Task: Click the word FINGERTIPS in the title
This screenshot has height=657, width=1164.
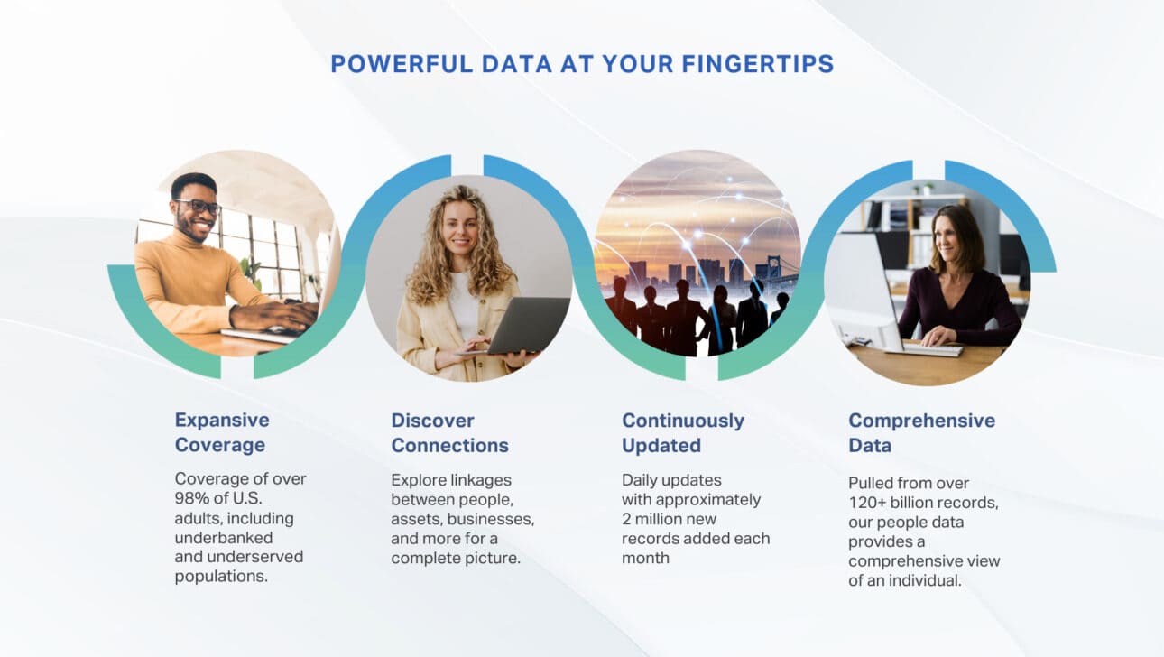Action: pos(758,64)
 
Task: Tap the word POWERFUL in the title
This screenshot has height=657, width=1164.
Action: pos(402,64)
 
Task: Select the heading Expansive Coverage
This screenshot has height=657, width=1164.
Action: pos(222,432)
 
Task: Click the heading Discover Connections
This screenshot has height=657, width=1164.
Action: pos(449,432)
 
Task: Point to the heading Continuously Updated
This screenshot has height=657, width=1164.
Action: pos(683,432)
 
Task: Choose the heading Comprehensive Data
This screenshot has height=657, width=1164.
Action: pos(921,432)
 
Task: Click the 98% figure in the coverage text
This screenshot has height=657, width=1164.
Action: pos(191,498)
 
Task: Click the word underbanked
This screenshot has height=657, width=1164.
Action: pos(224,537)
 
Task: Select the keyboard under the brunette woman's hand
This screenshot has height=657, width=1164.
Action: pos(933,349)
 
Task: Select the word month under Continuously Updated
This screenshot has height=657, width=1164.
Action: pos(645,558)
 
